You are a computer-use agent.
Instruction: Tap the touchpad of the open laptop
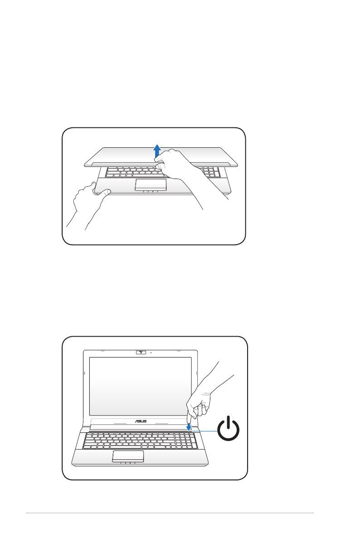pos(128,456)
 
